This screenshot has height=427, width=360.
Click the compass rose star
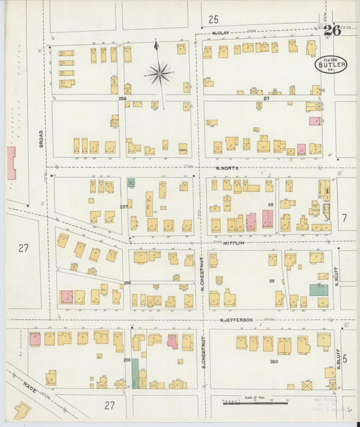pyautogui.click(x=159, y=73)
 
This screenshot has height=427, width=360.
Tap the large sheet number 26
pyautogui.click(x=331, y=30)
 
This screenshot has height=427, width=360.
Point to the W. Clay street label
pyautogui.click(x=222, y=32)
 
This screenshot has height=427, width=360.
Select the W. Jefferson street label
pyautogui.click(x=235, y=320)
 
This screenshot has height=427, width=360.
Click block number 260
pyautogui.click(x=274, y=361)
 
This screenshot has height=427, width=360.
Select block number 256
pyautogui.click(x=123, y=99)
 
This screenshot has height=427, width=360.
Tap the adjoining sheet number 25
pyautogui.click(x=213, y=18)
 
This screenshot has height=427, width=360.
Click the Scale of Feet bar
pyautogui.click(x=257, y=401)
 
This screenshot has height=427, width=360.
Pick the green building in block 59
pyautogui.click(x=318, y=289)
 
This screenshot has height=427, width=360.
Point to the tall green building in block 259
pyautogui.click(x=135, y=372)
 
